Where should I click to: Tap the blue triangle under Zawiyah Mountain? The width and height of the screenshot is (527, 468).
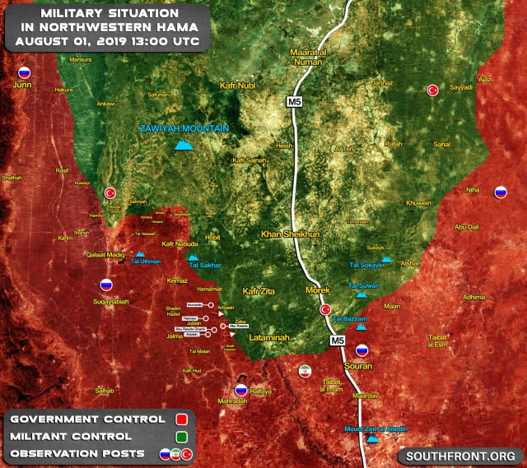coord(184,145)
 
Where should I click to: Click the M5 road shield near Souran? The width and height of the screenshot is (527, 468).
coord(338,340)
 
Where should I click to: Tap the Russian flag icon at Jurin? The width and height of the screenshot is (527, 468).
coord(24,72)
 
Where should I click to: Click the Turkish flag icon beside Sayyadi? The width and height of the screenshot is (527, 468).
coord(432,90)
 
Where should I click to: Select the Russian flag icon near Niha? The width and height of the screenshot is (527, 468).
coord(500,192)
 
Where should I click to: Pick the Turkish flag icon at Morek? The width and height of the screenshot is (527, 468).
coord(324,309)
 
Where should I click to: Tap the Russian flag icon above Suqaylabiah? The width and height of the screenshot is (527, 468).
coord(106,285)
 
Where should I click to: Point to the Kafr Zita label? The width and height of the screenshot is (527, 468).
coord(263,292)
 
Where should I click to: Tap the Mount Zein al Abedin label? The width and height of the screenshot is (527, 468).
coord(373,429)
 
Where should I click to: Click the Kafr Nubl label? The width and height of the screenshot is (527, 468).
coord(240,85)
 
